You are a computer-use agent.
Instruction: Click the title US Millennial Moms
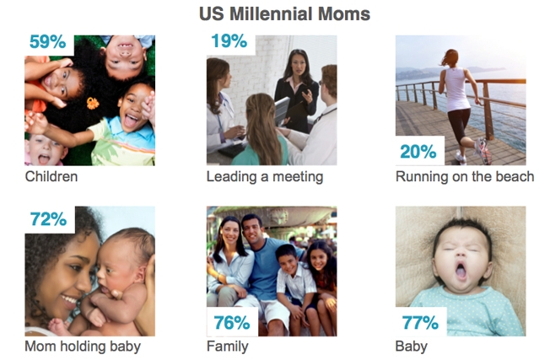point(284,14)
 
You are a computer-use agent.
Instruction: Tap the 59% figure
point(48,41)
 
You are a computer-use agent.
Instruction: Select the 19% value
point(229,41)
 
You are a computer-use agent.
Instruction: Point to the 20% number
point(418,152)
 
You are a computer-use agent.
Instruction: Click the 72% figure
point(48,219)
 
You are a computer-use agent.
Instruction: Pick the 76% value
point(232,323)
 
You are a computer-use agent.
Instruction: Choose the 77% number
point(420,323)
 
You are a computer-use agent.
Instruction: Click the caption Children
point(51,176)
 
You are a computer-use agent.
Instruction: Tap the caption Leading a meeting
point(265,177)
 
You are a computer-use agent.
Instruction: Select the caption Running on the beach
point(465,176)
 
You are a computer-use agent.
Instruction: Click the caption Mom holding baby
point(83,347)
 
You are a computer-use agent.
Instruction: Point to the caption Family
point(228,347)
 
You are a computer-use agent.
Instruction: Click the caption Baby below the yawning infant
point(412,347)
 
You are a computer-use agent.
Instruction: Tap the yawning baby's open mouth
point(461,271)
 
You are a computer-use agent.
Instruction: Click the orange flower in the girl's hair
point(93,103)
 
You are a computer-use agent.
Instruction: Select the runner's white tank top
point(456,89)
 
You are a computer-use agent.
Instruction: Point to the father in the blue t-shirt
point(266,270)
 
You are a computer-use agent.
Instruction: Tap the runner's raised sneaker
point(483,151)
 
